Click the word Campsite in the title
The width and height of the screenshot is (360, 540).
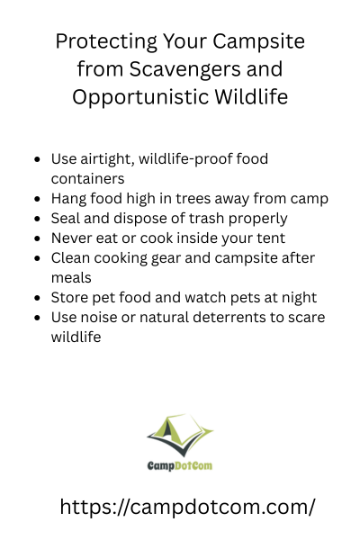258,42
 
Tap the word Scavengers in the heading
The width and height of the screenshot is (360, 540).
184,69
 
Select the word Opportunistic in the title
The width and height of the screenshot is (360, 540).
140,97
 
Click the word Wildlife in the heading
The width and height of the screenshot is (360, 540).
251,96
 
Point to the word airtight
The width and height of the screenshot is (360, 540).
107,159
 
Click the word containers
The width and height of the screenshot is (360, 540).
88,179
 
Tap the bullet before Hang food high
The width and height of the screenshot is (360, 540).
38,199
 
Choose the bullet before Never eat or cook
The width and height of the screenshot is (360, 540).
38,238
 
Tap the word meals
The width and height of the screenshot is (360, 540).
71,278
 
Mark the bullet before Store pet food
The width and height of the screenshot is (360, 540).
38,298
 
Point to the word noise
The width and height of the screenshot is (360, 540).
98,318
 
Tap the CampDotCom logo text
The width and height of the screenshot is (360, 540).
180,466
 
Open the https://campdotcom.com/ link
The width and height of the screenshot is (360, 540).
187,508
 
